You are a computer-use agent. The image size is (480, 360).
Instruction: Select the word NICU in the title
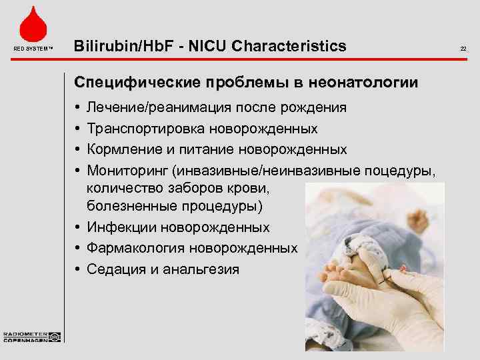coord(205,46)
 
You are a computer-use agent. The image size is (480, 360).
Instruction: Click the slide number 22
coord(463,48)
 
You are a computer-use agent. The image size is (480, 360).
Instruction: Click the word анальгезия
coord(199,269)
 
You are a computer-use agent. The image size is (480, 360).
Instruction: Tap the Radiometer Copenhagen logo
coord(32,337)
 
